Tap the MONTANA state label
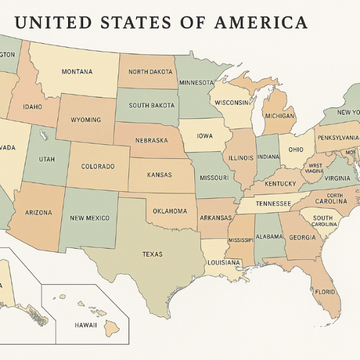point(76,72)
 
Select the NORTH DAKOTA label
point(150,72)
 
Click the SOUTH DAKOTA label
point(152,105)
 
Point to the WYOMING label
point(86,120)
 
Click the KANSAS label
point(159,175)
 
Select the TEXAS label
point(152,254)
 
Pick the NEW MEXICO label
point(90,217)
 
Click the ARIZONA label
point(38,212)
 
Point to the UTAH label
point(47,159)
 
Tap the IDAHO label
point(32,107)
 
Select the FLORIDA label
point(325,292)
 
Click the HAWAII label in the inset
point(87,325)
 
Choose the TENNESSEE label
point(273,203)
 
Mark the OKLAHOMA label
point(169,211)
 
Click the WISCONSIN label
point(232,102)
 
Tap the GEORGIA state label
point(301,237)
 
